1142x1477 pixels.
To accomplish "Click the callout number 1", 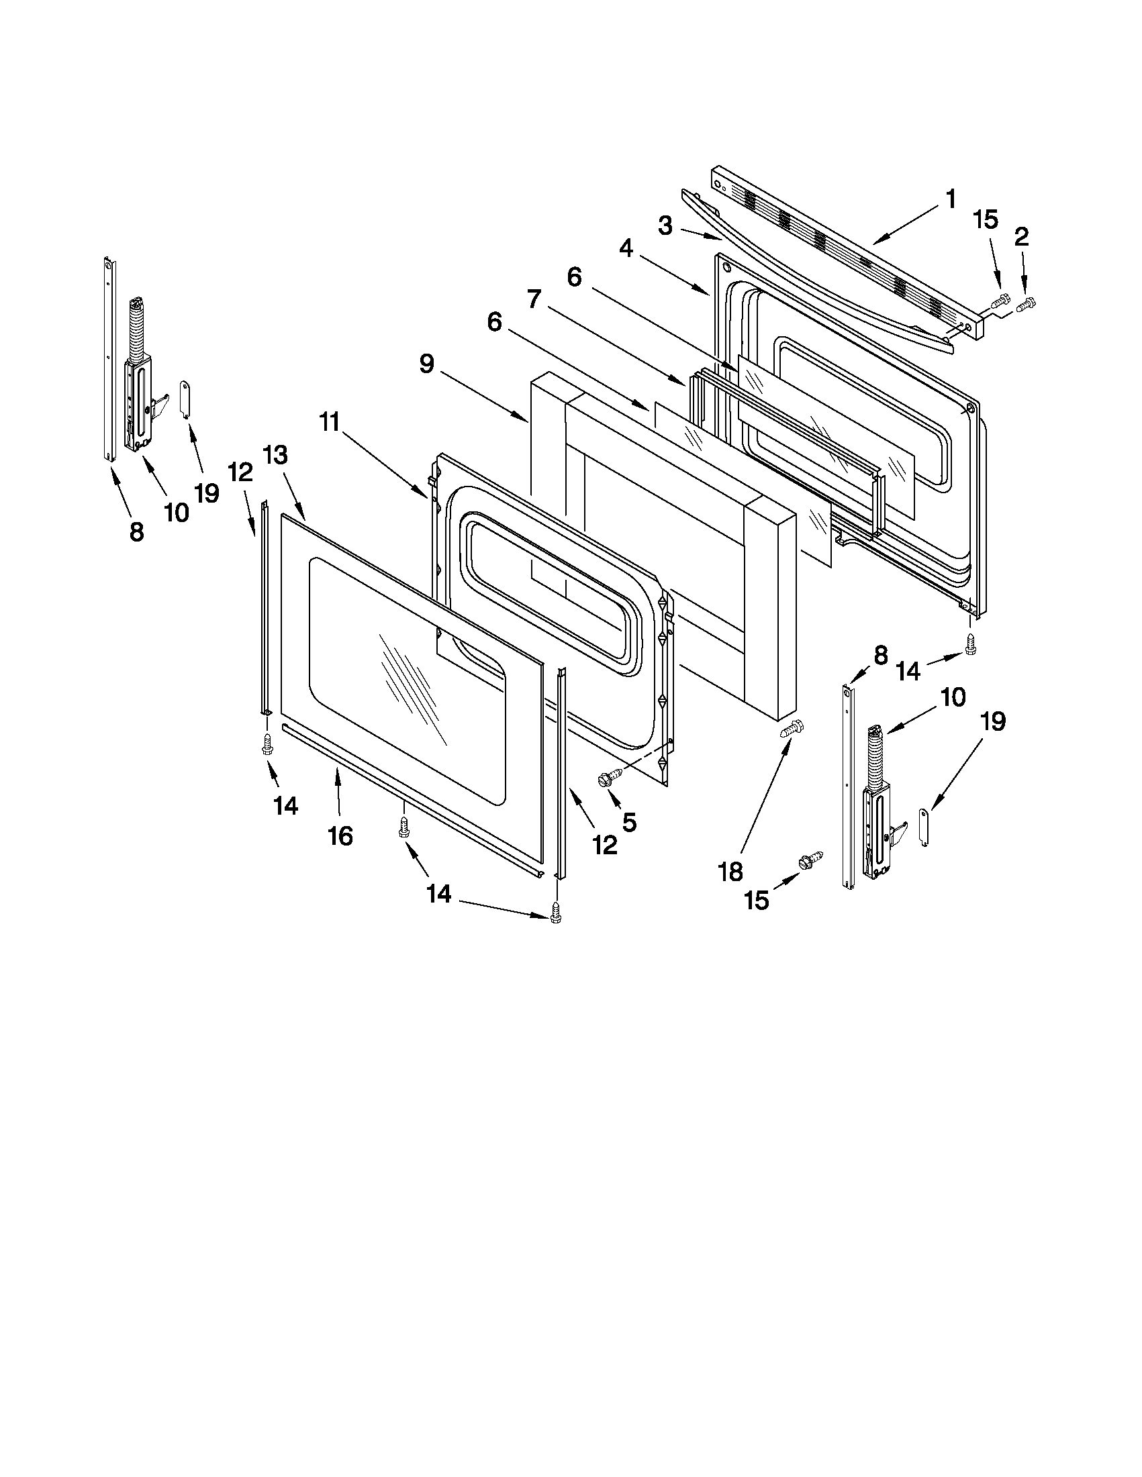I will click(950, 199).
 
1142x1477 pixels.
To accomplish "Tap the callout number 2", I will click(1022, 236).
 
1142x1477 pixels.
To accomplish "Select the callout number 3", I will click(666, 226).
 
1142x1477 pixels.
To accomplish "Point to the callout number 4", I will click(626, 249).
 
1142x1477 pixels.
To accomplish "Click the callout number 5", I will click(629, 821).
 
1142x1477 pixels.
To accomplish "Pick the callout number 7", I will click(534, 299).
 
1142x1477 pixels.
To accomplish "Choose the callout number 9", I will click(426, 364).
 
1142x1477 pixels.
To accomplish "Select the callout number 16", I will click(340, 836).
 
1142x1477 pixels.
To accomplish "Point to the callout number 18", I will click(730, 872).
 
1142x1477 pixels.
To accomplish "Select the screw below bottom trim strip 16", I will click(404, 827).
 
